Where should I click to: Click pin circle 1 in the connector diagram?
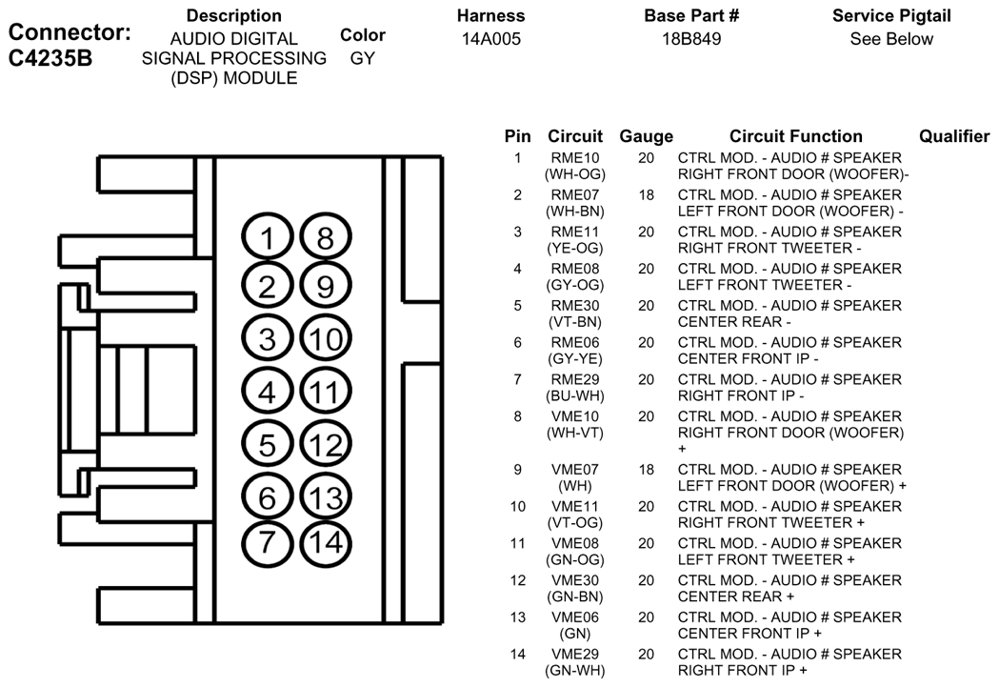pyautogui.click(x=268, y=239)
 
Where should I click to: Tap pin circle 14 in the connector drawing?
pyautogui.click(x=326, y=542)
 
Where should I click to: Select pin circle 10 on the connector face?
pyautogui.click(x=326, y=339)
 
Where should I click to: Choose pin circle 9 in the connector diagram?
pyautogui.click(x=326, y=285)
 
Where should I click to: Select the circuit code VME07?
pyautogui.click(x=575, y=470)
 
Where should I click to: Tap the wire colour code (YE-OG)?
pyautogui.click(x=575, y=248)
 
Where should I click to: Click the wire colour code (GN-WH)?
pyautogui.click(x=575, y=671)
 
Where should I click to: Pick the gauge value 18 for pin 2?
pyautogui.click(x=646, y=195)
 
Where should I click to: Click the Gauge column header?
pyautogui.click(x=646, y=136)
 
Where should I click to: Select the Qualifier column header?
pyautogui.click(x=953, y=136)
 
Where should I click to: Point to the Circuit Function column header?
pyautogui.click(x=795, y=136)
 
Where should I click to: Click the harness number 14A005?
pyautogui.click(x=491, y=39)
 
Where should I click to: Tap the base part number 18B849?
pyautogui.click(x=691, y=39)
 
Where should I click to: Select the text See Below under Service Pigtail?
pyautogui.click(x=891, y=39)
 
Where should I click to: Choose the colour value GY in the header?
pyautogui.click(x=362, y=58)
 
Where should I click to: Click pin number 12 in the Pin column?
pyautogui.click(x=517, y=580)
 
